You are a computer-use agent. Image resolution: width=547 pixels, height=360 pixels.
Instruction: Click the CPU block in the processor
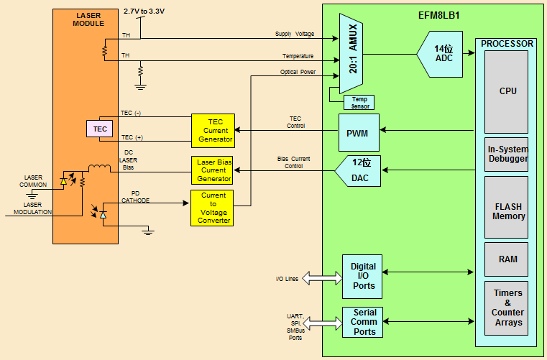click(x=507, y=91)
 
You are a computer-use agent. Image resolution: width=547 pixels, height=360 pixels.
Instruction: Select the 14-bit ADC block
click(x=441, y=54)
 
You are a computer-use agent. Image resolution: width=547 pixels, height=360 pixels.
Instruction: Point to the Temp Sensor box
click(x=359, y=102)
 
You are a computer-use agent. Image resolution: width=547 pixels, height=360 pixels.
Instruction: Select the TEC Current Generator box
click(x=212, y=129)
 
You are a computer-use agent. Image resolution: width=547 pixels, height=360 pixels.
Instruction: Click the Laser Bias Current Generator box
click(x=212, y=170)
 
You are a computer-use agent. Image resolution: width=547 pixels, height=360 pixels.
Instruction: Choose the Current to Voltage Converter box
click(x=212, y=208)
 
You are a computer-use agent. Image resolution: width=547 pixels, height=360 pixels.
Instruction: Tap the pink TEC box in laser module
click(x=100, y=129)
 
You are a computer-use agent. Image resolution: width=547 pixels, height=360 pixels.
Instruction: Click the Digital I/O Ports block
click(x=363, y=276)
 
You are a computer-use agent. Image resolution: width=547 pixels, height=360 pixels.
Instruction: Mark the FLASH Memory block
click(x=507, y=211)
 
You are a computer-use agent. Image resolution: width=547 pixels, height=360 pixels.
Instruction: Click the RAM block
click(x=507, y=259)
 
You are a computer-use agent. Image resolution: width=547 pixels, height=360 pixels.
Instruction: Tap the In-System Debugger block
click(x=507, y=154)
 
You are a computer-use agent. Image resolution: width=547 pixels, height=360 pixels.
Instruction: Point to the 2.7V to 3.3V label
click(x=144, y=11)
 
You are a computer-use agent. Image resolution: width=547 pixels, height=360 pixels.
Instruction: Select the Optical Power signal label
click(x=298, y=72)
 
